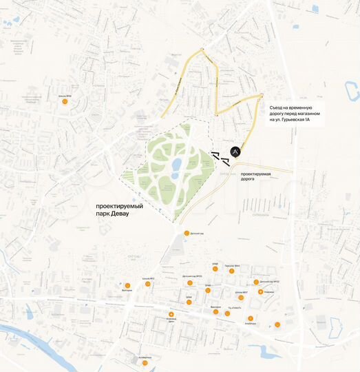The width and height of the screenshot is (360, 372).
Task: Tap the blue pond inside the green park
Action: coord(176,165)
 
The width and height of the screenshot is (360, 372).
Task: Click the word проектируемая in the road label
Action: coord(252,174)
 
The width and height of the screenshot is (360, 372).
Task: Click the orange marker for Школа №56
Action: coord(65,101)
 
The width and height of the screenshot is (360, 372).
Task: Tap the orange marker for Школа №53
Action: coord(147,283)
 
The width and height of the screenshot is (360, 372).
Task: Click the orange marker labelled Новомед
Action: coord(260,292)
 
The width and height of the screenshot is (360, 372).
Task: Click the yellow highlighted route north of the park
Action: coord(219,83)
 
